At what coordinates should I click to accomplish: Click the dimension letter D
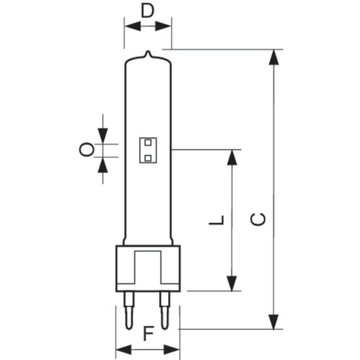(148, 11)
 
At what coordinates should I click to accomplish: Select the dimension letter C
(258, 219)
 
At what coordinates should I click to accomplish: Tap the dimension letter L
(216, 220)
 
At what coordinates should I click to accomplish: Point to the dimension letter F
(148, 334)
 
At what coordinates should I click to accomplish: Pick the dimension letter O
(86, 149)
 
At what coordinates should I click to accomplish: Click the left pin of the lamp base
(129, 310)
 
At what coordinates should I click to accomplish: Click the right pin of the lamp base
(165, 310)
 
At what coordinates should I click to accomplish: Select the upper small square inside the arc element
(148, 143)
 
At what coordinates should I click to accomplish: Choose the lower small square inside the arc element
(148, 158)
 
